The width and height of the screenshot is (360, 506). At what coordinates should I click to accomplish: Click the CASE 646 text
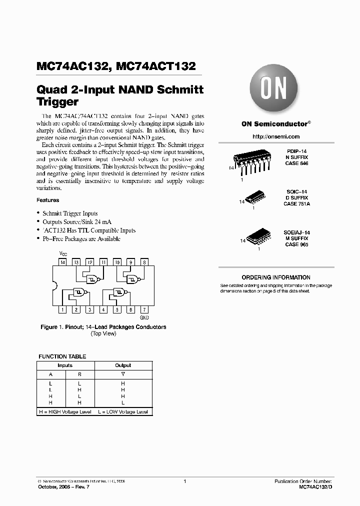(297, 163)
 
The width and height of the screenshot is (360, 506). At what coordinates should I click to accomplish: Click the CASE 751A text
(297, 204)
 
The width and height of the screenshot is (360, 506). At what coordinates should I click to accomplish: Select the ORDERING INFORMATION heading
(275, 277)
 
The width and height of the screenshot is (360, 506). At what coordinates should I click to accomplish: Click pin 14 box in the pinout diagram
(62, 262)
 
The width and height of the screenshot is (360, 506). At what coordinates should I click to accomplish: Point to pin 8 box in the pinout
(144, 262)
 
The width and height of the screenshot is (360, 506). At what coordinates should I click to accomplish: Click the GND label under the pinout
(144, 317)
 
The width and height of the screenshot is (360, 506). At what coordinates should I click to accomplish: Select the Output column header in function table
(123, 365)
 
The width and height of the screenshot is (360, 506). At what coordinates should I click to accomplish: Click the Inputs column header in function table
(65, 365)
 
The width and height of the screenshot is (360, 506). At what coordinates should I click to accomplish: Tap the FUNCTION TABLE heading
(62, 356)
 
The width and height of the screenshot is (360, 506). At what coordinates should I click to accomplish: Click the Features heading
(48, 200)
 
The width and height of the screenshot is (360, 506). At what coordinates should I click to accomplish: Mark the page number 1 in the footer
(185, 481)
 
